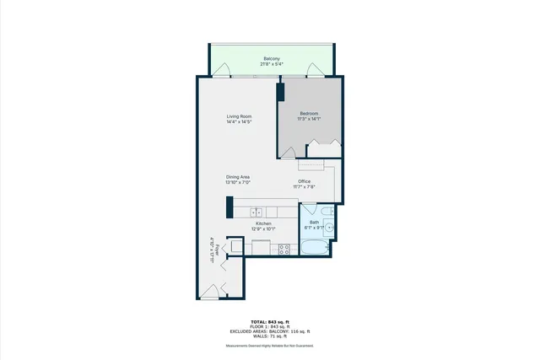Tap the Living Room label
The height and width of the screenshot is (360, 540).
click(239, 116)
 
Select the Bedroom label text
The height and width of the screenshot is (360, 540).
click(310, 113)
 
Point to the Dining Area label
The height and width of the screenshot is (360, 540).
click(237, 177)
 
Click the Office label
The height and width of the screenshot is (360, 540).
click(304, 181)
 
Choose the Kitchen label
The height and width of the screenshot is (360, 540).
click(263, 223)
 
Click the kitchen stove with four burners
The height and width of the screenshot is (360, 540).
click(284, 249)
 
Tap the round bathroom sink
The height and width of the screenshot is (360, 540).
click(330, 228)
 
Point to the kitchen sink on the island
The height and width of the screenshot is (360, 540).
click(256, 211)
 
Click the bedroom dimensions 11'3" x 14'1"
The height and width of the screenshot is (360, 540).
click(310, 119)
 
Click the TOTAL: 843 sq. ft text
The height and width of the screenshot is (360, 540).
click(269, 322)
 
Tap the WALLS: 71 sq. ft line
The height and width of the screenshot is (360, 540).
click(269, 336)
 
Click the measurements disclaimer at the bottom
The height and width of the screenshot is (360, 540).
click(269, 347)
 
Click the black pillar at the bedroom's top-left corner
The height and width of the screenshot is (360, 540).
click(281, 92)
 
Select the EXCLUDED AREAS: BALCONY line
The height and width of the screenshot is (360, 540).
click(269, 331)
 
